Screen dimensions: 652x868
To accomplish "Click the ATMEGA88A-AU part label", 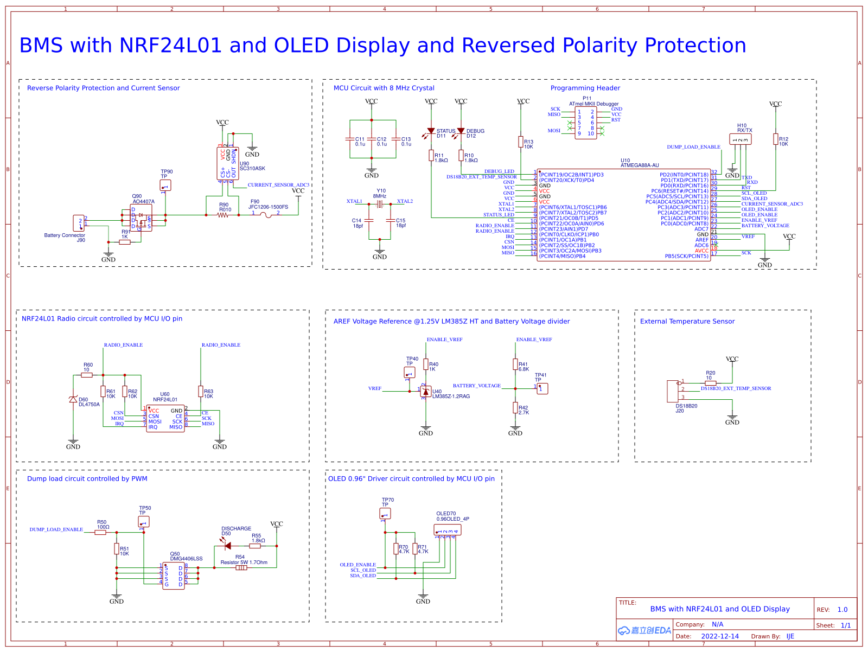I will click(640, 165).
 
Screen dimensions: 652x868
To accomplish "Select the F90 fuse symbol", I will click(266, 215).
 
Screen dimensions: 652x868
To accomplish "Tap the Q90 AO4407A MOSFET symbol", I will click(141, 218).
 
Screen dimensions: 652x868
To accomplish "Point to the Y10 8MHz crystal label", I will click(380, 194).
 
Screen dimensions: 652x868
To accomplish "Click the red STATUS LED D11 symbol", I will click(431, 131).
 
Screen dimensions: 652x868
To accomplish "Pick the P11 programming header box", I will click(586, 123).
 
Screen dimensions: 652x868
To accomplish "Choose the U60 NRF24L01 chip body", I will click(165, 419).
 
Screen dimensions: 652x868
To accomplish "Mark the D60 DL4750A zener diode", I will click(73, 399).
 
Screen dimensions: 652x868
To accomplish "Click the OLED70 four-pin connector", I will click(448, 530).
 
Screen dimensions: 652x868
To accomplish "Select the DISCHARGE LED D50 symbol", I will click(227, 546).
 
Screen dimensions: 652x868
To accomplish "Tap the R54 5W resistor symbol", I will click(241, 568).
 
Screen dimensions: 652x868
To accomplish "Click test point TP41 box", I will click(542, 388).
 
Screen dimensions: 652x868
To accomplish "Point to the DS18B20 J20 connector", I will click(673, 391).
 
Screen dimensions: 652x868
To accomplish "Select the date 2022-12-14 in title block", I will click(720, 636).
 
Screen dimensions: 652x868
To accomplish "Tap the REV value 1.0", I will click(842, 610).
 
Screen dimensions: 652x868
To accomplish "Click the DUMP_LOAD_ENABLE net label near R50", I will click(56, 529).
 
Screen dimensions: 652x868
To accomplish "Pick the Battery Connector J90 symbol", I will click(79, 223).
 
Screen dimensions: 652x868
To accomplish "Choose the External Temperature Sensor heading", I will click(687, 321).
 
